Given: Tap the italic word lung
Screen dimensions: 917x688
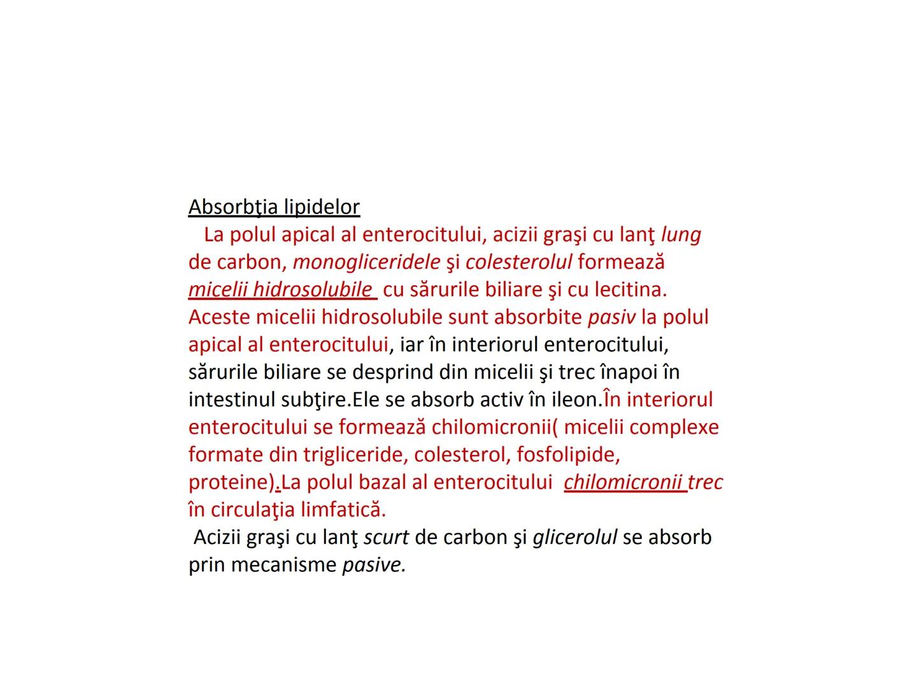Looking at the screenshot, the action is click(681, 234).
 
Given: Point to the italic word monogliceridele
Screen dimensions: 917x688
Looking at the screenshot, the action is click(366, 262).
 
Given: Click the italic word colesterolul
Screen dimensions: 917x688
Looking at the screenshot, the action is click(519, 262).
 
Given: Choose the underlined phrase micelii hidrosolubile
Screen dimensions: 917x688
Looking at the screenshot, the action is click(280, 289).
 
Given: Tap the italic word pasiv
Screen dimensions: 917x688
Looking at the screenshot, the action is click(611, 317).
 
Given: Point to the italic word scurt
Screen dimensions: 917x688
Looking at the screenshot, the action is click(386, 537).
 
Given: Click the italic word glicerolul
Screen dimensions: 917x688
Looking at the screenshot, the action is click(574, 537).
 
